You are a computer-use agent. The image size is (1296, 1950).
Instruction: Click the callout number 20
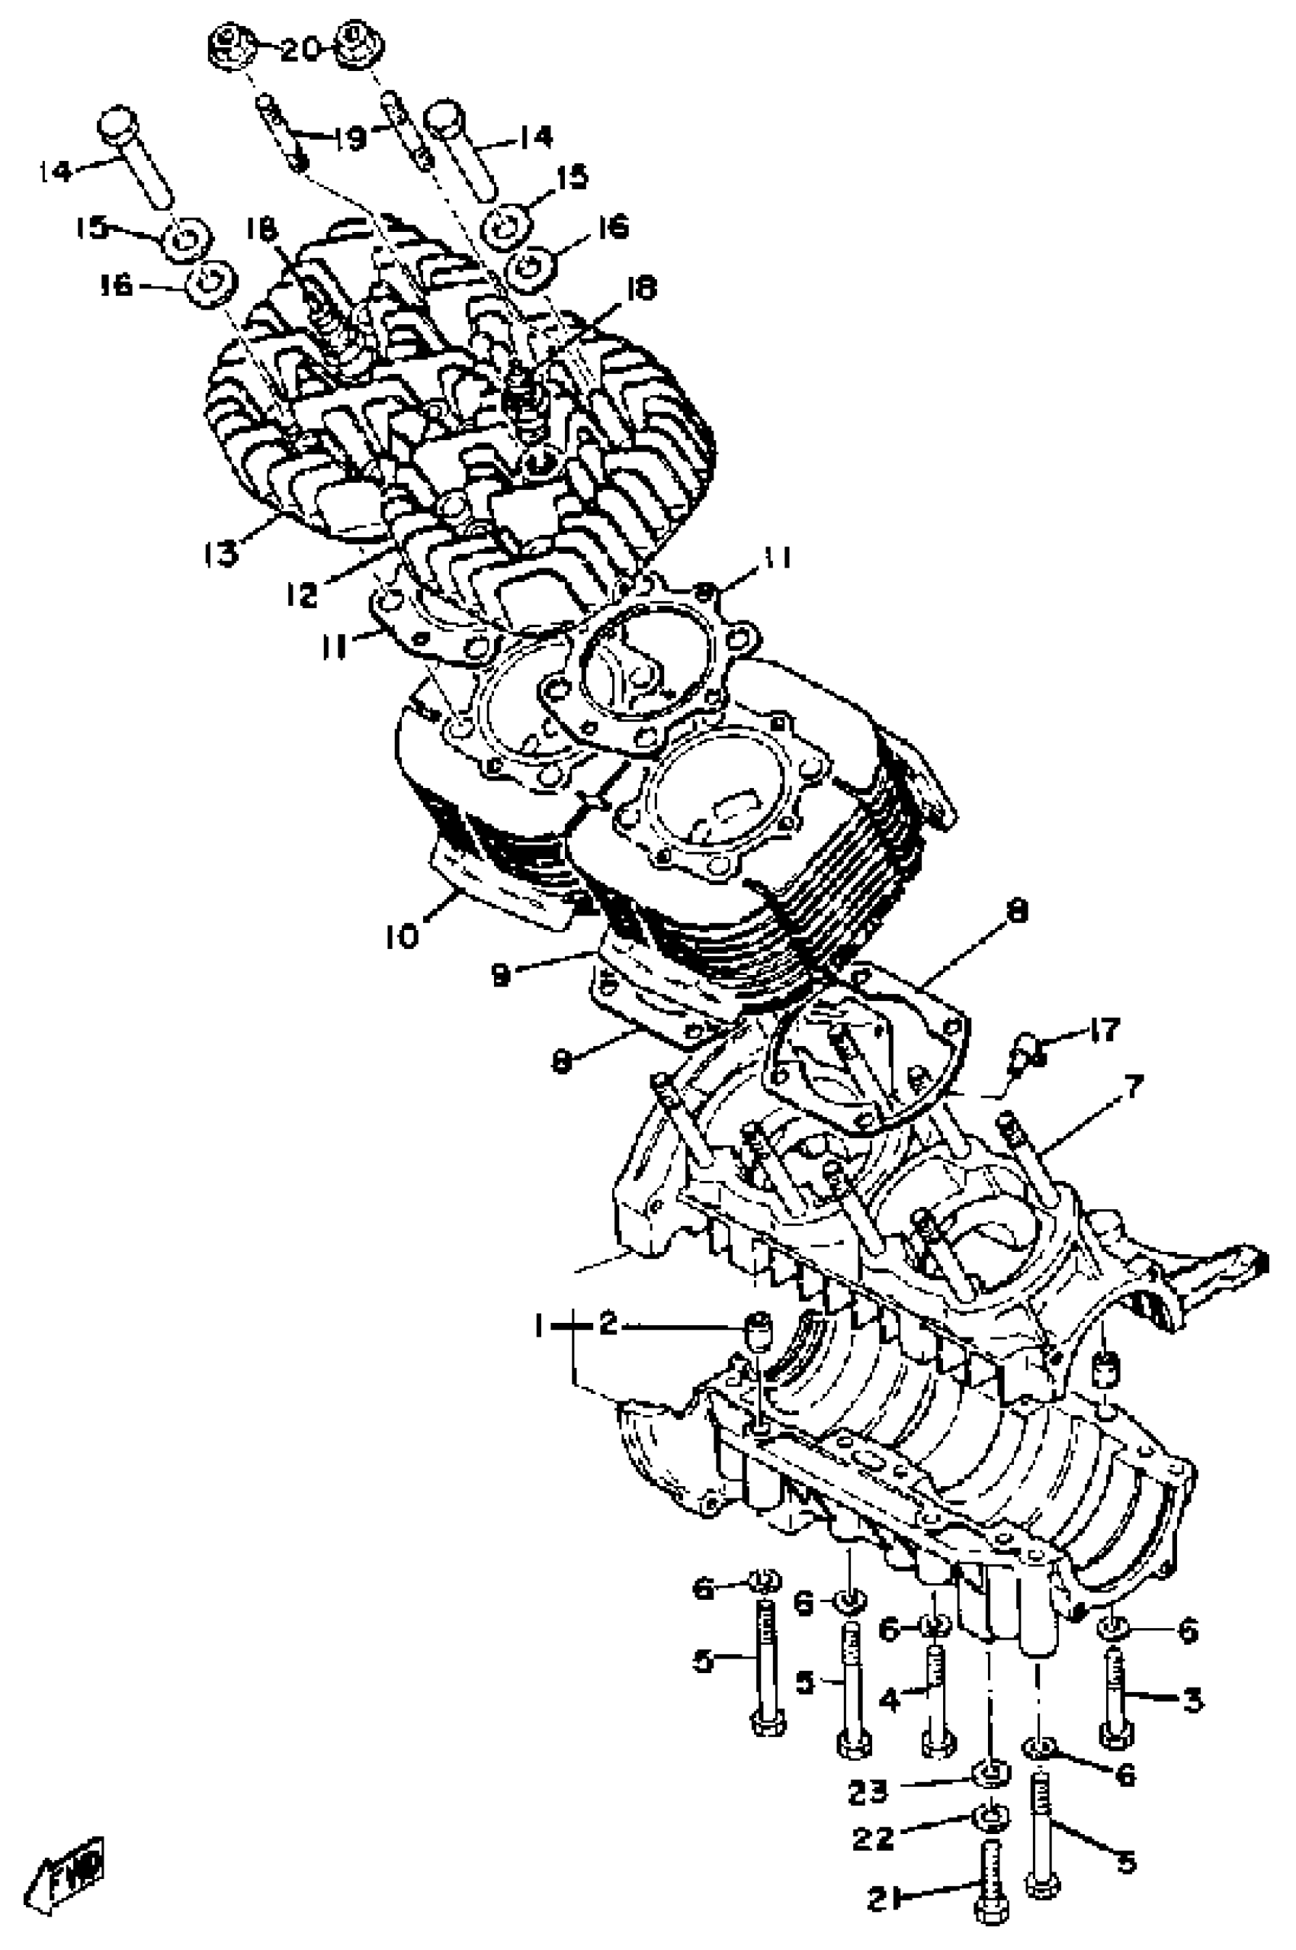point(299,51)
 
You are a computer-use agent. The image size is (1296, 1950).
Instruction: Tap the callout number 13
point(222,552)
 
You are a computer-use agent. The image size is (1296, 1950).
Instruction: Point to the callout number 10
point(403,936)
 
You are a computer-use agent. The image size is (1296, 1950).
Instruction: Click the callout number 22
point(874,1839)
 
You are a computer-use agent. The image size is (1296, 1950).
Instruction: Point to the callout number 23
point(867,1791)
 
